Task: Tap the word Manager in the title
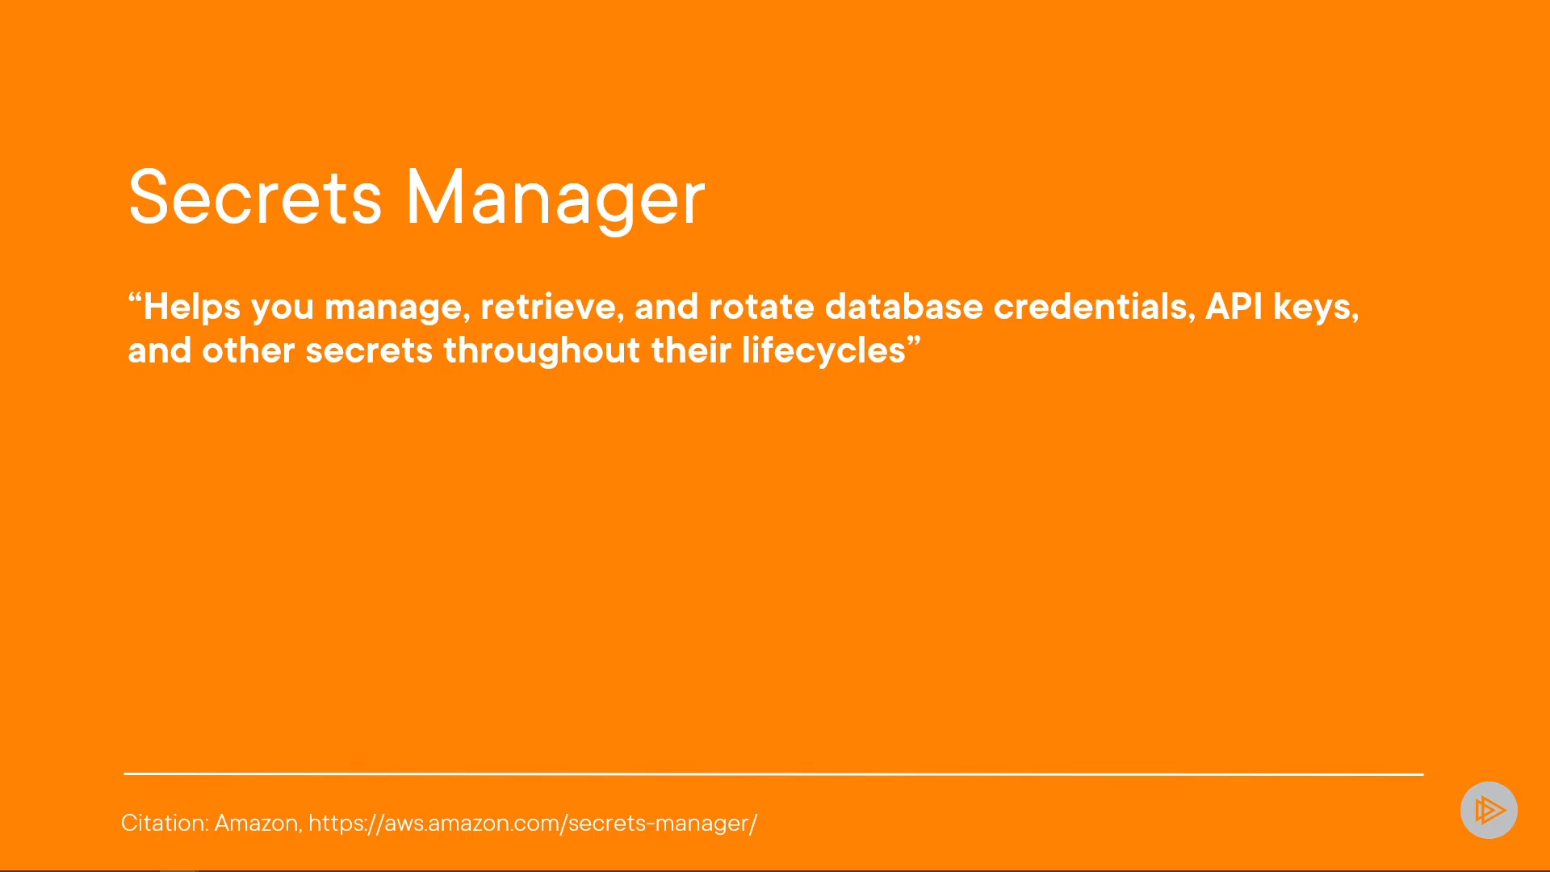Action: coord(555,199)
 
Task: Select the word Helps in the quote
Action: coord(192,308)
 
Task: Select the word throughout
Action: coord(542,351)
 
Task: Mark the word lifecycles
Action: coord(824,351)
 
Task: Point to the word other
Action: coord(249,350)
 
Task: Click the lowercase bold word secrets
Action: coord(369,351)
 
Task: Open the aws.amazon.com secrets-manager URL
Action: coord(533,824)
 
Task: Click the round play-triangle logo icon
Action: coord(1489,810)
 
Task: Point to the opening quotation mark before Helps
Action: coord(135,298)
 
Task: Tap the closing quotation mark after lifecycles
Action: coord(914,342)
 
